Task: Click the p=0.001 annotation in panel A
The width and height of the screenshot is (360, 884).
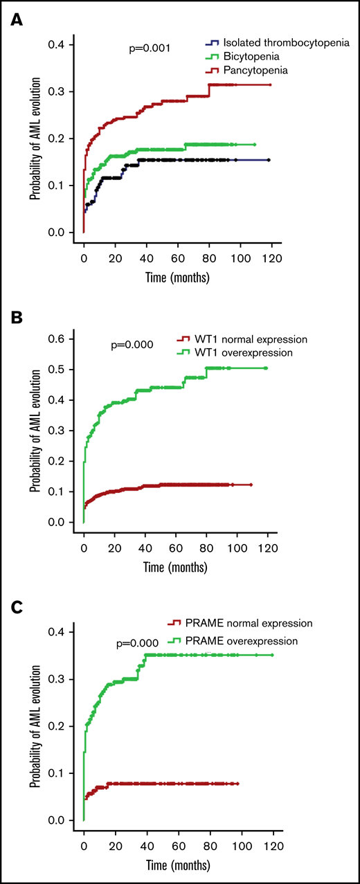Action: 149,48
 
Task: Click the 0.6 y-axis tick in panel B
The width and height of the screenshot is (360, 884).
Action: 66,339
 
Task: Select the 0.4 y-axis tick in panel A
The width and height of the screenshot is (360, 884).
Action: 66,45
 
